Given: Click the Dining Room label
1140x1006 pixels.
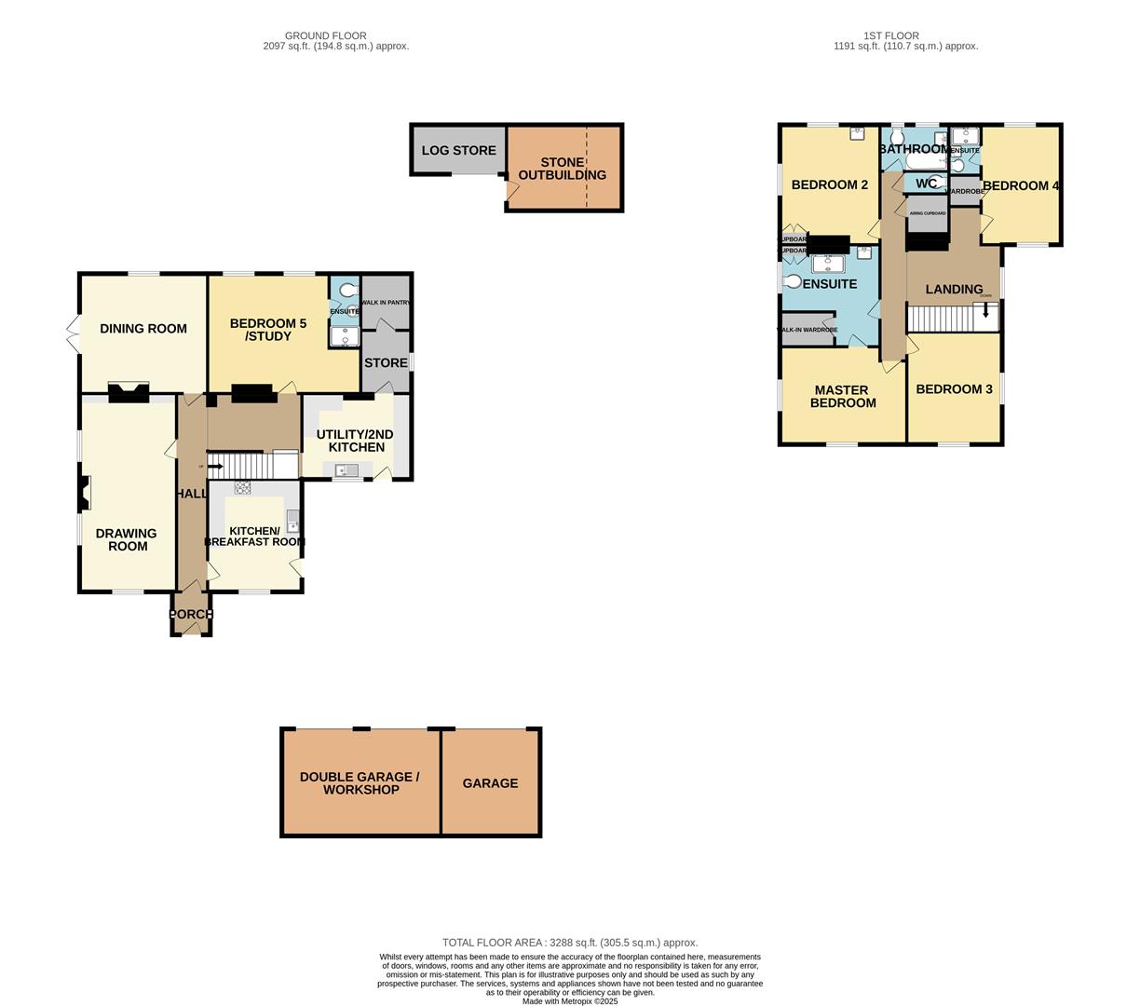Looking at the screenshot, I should tap(142, 329).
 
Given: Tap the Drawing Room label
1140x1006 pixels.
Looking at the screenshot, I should tap(127, 540).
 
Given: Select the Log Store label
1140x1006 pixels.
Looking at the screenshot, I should tap(458, 150).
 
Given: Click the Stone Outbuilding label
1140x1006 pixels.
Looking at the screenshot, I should tap(562, 169).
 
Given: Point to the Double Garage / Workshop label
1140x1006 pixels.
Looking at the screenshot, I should tap(360, 783).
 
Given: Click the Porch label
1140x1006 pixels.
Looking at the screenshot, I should tap(191, 615).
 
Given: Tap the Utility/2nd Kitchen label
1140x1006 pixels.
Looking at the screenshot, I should tap(355, 441).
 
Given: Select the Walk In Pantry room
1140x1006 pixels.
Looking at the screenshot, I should tap(386, 303).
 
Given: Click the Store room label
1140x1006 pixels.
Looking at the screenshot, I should tap(386, 363).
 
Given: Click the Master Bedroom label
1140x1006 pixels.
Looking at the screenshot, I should tap(843, 397).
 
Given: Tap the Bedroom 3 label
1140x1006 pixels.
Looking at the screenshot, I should tap(954, 389).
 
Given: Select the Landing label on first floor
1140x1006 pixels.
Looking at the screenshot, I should tap(954, 290).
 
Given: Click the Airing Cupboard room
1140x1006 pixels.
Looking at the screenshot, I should tap(927, 214).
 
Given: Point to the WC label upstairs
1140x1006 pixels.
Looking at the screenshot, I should tap(926, 184).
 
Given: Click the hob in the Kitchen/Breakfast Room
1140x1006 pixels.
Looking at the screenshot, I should tap(242, 487).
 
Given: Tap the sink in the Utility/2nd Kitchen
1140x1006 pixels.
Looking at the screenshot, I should tap(346, 470).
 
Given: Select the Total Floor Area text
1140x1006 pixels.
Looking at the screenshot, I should tap(569, 943).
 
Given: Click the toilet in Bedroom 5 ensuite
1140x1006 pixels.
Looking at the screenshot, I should tap(346, 291).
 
